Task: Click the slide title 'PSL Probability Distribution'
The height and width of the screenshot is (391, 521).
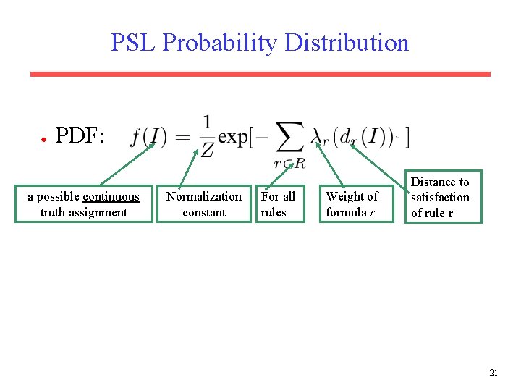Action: point(260,43)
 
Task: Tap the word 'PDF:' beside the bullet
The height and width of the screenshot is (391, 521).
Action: point(80,135)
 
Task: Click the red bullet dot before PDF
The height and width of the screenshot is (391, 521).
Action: point(43,138)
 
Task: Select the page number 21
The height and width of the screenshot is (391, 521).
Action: point(494,373)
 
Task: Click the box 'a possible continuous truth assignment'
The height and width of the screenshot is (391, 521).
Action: point(83,204)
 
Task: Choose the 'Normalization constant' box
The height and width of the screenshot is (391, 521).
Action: point(204,204)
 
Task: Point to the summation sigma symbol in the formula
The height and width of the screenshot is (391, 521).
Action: point(290,136)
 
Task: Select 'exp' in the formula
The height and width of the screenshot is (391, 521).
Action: point(234,136)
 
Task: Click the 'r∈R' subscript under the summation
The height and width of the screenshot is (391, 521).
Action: point(290,164)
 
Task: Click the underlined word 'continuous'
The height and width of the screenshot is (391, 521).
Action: point(111,197)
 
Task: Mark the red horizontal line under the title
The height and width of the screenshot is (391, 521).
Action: point(260,74)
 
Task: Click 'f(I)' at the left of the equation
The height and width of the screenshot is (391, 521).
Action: point(149,136)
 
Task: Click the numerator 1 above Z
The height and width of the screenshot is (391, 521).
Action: point(207,122)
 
